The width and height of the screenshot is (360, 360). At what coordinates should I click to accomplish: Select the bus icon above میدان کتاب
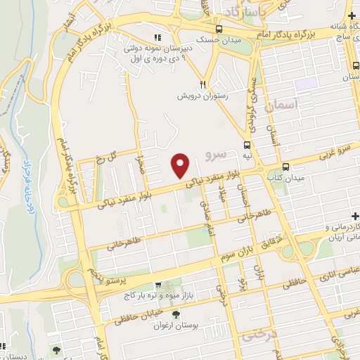click(285, 167)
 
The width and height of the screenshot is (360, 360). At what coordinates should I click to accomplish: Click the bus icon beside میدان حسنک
click(220, 29)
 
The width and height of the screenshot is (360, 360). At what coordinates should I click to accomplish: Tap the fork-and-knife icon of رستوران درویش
click(202, 82)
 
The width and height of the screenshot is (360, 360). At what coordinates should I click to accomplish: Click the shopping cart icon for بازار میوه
click(158, 285)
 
